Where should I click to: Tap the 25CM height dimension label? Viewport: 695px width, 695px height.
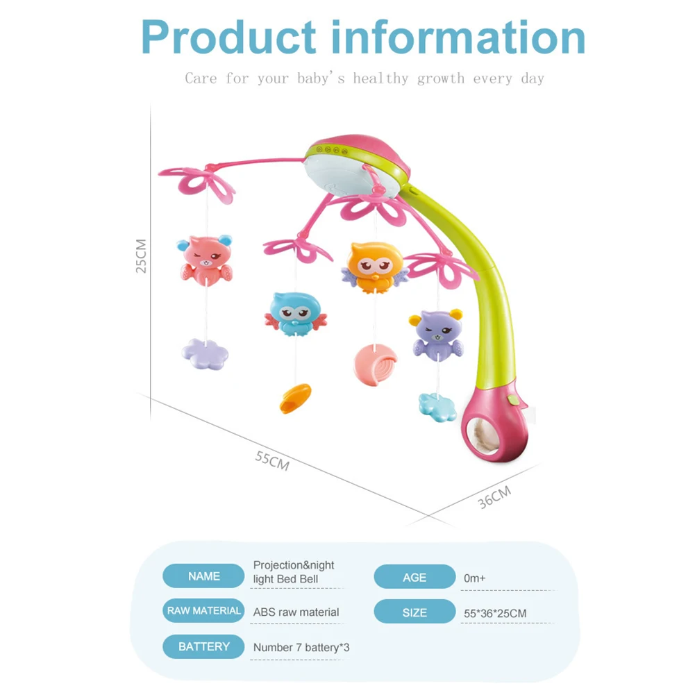click(x=141, y=256)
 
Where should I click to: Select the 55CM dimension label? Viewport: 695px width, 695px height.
click(x=271, y=460)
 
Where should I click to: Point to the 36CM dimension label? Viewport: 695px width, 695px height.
click(x=494, y=497)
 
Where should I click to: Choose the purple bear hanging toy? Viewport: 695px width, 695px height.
click(x=435, y=334)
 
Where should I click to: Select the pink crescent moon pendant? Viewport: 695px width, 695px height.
click(x=375, y=365)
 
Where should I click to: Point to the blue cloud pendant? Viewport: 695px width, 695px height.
click(x=437, y=405)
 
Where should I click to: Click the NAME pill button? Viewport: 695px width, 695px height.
click(x=203, y=576)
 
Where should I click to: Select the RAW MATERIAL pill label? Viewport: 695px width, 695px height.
click(x=203, y=611)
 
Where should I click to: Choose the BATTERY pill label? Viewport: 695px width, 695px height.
click(x=203, y=646)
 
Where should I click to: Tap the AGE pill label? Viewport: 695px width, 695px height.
click(x=415, y=577)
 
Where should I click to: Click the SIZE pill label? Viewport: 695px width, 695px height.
click(x=415, y=612)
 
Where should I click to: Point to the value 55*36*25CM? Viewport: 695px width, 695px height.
click(x=495, y=614)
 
